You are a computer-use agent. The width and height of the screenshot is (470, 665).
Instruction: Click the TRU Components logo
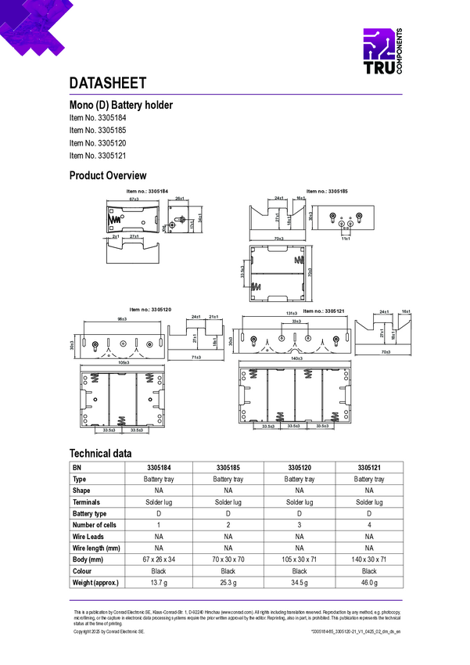coord(382,53)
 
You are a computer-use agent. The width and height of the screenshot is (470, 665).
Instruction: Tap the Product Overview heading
coord(108,175)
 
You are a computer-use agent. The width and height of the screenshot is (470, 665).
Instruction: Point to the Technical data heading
coord(100,453)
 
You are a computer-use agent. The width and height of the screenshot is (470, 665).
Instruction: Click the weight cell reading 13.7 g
coord(159,582)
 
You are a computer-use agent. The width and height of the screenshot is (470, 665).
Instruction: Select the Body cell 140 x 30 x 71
coord(369,559)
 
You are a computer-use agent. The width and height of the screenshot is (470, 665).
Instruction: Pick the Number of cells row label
coord(95,525)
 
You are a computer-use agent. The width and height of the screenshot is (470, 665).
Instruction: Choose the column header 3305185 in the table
coord(228,467)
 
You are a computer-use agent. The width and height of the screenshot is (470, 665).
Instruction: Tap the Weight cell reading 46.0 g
coord(369,582)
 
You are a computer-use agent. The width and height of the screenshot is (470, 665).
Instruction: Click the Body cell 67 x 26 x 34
coord(159,559)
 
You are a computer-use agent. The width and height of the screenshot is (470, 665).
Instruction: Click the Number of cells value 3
coord(300,525)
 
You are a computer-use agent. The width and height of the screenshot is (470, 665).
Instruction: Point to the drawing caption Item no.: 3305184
coord(147,191)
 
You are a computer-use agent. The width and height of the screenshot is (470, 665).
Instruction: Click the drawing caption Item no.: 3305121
coord(324,311)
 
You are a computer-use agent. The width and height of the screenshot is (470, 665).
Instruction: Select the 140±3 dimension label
coord(296,358)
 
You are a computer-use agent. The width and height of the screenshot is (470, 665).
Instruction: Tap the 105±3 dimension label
coord(123,363)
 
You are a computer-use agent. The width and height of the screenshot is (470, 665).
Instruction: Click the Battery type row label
coord(89,513)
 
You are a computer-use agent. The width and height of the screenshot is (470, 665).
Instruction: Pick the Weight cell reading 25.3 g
coord(228,582)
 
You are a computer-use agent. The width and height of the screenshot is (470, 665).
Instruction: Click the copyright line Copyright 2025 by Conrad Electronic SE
coord(109,631)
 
